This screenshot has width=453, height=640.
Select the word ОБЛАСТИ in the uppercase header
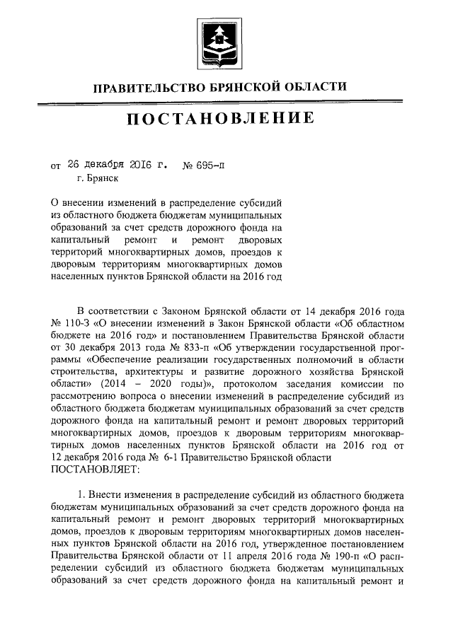point(313,87)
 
